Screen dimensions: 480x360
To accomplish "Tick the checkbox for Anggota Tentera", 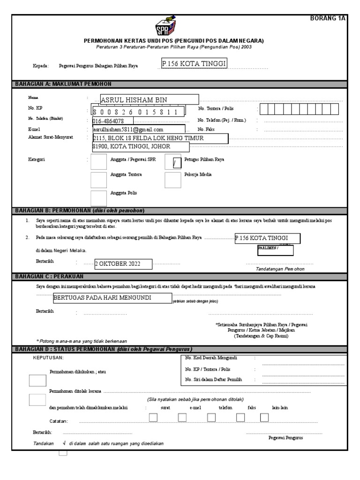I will point(98,179).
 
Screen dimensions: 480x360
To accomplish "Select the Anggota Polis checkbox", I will point(98,198).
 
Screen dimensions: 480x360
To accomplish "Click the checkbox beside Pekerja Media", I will point(173,179).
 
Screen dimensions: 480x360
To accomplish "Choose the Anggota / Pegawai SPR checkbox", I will point(98,162).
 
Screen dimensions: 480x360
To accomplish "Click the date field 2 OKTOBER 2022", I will point(123,264).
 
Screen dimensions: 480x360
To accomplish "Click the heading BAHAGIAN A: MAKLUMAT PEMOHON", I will point(64,84).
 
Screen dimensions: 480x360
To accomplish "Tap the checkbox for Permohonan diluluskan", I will point(37,380).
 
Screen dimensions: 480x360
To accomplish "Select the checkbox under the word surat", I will point(153,418).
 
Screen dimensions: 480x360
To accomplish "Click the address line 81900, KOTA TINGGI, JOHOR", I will point(141,147).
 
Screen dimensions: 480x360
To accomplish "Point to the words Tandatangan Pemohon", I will point(280,270).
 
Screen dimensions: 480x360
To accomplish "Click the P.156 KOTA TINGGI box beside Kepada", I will point(194,63).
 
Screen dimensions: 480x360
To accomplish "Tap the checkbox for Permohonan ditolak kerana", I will point(37,399).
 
